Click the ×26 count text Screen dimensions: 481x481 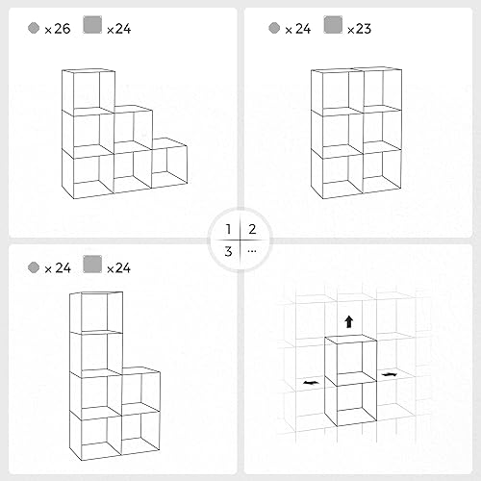pos(56,29)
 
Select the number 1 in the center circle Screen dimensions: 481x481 pos(228,229)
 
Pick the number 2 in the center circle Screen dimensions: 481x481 pos(252,229)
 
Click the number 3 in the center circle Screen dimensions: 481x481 pos(228,251)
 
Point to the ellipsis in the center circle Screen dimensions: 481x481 pos(252,251)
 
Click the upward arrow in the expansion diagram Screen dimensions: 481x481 pos(349,321)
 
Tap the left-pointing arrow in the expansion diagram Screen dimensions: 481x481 pos(310,382)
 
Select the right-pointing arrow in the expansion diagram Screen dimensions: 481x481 pos(389,373)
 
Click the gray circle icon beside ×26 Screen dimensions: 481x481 pos(34,29)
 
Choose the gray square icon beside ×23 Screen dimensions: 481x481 pos(333,28)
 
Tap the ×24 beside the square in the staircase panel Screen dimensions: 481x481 pos(119,29)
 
